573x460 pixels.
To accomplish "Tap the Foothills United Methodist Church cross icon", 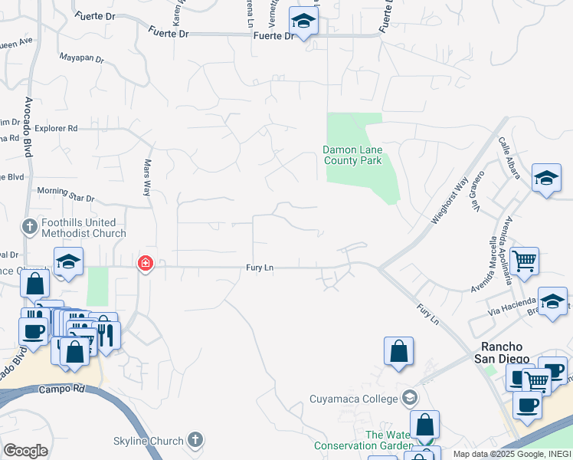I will coord(30,226).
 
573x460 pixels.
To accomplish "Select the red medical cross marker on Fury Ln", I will coord(144,264).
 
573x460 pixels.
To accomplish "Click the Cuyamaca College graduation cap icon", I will coord(410,397).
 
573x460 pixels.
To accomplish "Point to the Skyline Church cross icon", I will coord(195,440).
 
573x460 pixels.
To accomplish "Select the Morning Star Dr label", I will coord(65,199).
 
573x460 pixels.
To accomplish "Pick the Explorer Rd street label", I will coord(57,129).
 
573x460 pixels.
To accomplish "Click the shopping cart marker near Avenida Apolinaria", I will coord(524,261).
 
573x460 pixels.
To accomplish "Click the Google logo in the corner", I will coord(25,451).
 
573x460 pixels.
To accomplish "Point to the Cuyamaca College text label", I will coord(354,398).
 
